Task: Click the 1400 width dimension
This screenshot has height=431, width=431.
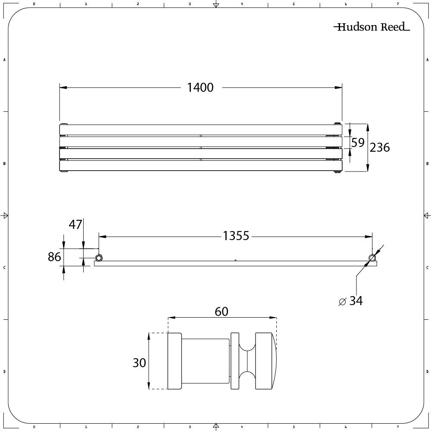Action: point(200,87)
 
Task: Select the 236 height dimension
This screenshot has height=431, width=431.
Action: point(380,147)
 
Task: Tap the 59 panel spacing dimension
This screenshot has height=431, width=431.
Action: point(358,143)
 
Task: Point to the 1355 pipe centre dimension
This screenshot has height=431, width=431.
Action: point(236,236)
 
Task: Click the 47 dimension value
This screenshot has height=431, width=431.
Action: point(75,225)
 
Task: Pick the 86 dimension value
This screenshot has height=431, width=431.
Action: point(54,257)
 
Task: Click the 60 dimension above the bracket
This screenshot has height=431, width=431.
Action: point(221,311)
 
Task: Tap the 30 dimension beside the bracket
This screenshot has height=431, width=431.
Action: point(139,362)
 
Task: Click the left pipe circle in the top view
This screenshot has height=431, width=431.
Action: point(99,258)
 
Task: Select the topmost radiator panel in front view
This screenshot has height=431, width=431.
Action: point(200,129)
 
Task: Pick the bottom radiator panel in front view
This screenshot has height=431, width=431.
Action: point(200,166)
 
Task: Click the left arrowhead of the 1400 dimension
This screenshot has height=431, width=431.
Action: point(63,87)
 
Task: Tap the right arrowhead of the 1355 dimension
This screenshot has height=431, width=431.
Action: point(369,236)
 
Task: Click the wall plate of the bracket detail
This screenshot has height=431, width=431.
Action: point(174,361)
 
